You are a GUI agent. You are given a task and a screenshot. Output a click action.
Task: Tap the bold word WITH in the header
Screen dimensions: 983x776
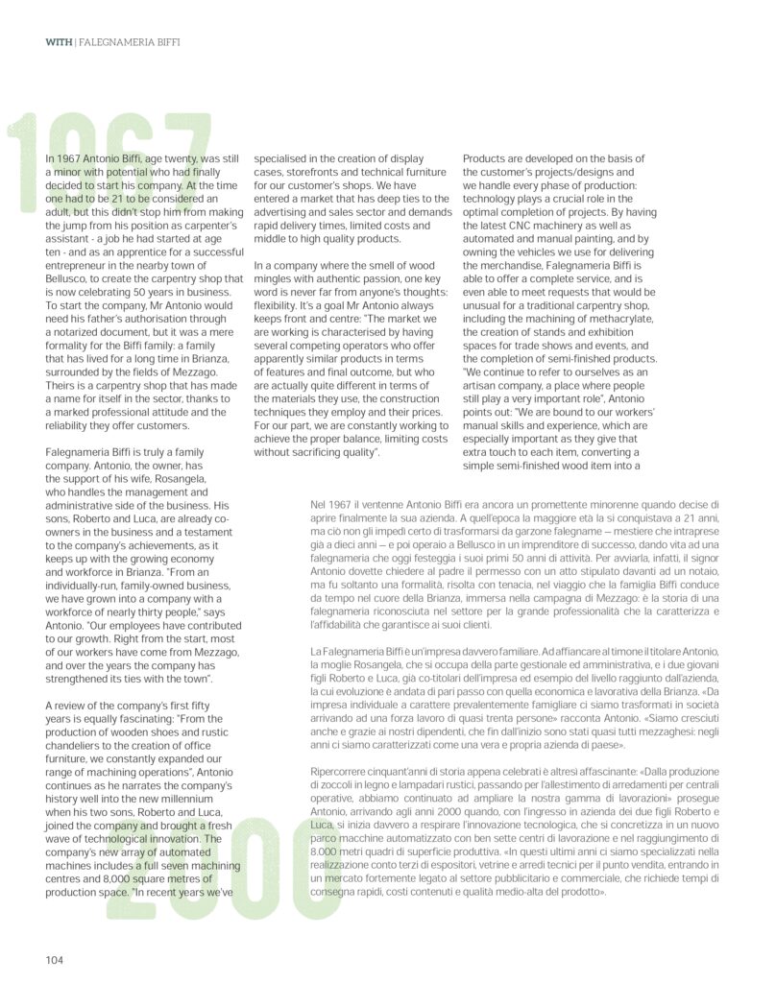coord(58,42)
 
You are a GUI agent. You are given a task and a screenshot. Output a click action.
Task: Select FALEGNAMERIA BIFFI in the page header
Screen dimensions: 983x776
coord(128,42)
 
